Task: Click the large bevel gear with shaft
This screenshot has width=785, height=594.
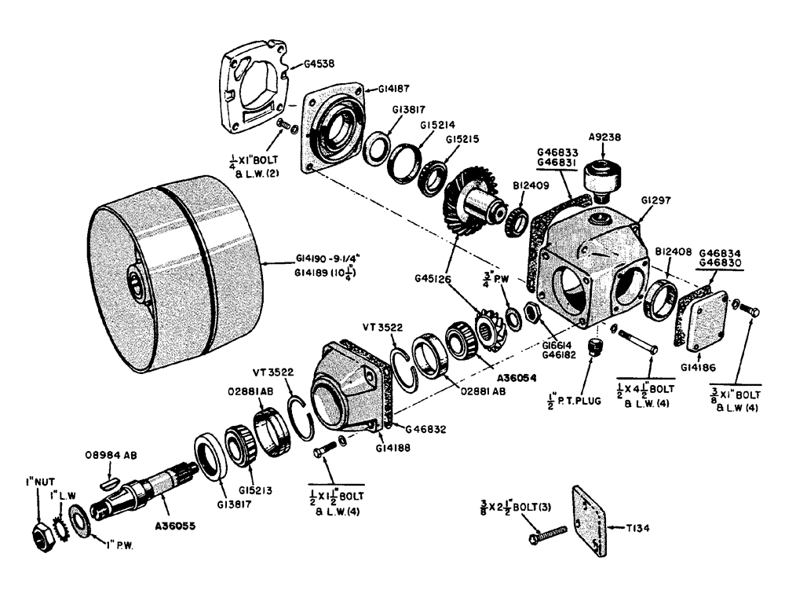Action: [x=471, y=201]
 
